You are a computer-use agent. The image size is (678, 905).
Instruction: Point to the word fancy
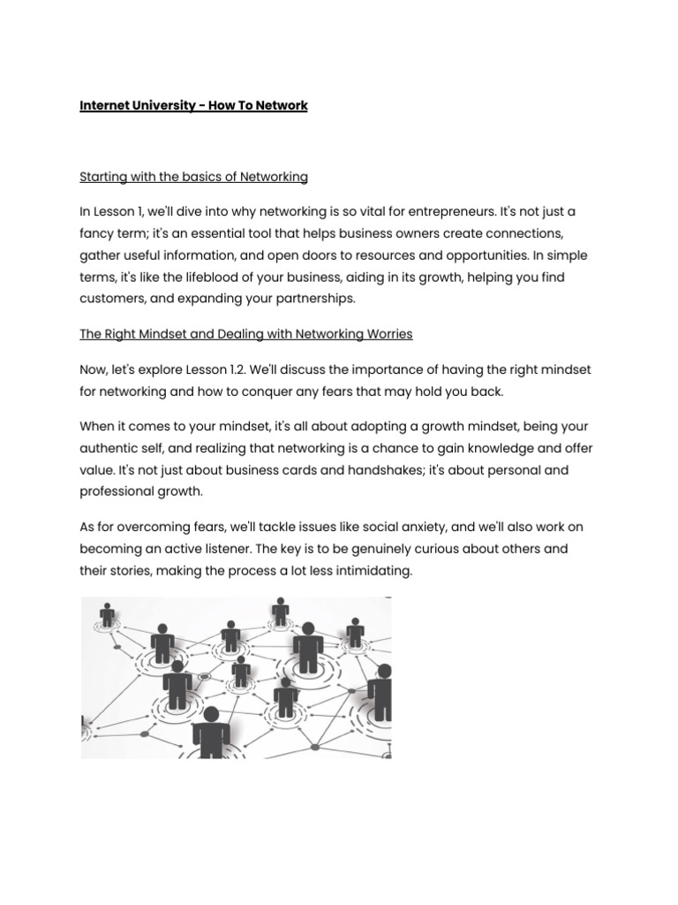pos(97,234)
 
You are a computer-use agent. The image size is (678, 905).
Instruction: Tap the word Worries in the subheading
pos(387,334)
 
